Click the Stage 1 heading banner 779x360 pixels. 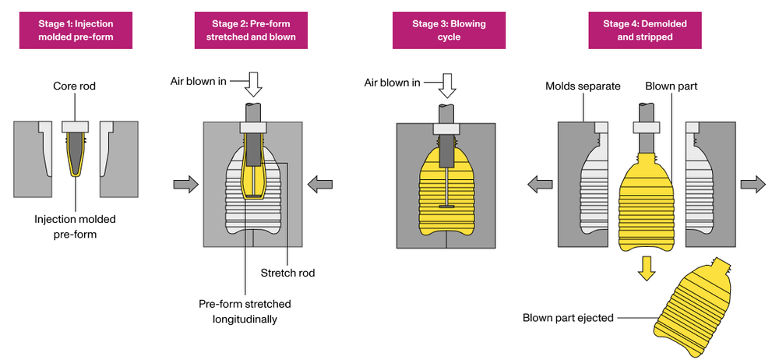(75, 30)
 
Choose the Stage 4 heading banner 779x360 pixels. (644, 30)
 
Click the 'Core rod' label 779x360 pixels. (75, 86)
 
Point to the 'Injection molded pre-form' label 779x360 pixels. (75, 227)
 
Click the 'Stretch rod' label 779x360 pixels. (288, 273)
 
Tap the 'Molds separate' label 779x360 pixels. (583, 86)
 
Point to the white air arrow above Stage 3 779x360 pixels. (446, 83)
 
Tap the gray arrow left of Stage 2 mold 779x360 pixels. (185, 184)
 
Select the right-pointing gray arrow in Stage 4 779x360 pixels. (752, 184)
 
